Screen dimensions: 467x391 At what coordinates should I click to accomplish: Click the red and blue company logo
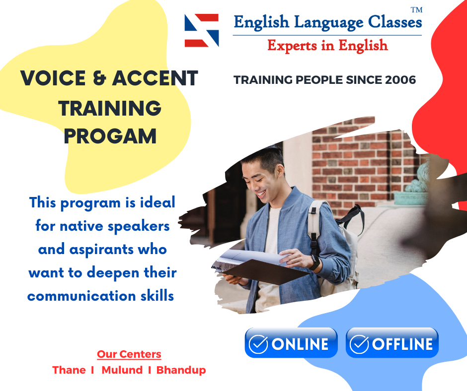click(x=202, y=30)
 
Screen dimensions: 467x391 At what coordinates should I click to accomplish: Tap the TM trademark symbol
click(x=416, y=10)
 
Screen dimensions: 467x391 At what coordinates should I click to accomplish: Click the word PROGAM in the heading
click(x=110, y=136)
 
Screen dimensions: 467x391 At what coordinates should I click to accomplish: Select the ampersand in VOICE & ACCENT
click(x=99, y=78)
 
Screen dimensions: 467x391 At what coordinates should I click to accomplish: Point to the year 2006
click(x=400, y=80)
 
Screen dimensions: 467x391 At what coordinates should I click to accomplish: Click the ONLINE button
click(x=291, y=342)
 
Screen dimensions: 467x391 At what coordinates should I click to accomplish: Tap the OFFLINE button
click(x=392, y=342)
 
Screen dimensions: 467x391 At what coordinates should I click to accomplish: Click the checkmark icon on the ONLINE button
click(x=258, y=344)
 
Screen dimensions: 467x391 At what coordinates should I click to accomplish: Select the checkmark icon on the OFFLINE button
click(x=359, y=344)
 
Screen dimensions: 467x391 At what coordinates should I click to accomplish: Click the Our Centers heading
click(x=129, y=354)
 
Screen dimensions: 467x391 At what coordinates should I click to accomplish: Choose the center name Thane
click(x=69, y=370)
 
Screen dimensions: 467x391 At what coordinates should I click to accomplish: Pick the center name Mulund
click(x=122, y=370)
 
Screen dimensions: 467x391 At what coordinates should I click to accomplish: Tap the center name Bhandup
click(x=181, y=370)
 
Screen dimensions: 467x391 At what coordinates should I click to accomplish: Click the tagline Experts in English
click(x=327, y=45)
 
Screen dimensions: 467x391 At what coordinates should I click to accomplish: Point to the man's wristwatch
click(x=314, y=262)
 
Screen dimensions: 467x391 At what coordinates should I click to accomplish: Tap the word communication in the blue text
click(x=81, y=296)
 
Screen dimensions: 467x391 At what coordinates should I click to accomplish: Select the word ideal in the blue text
click(x=157, y=202)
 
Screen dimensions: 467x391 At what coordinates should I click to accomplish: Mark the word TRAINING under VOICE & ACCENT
click(x=110, y=108)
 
